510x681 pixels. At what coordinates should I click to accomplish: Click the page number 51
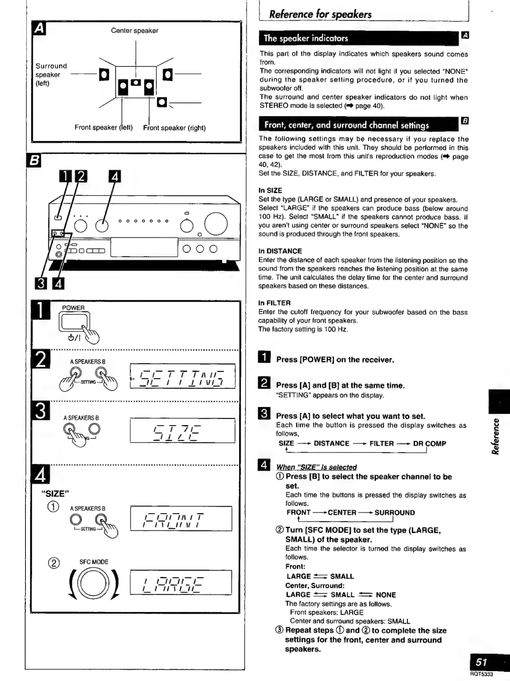pyautogui.click(x=482, y=662)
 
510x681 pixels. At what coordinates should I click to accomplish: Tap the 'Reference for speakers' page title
pyautogui.click(x=320, y=14)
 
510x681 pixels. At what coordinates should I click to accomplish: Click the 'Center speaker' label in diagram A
pyautogui.click(x=134, y=31)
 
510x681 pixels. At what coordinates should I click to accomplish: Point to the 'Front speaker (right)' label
pyautogui.click(x=174, y=128)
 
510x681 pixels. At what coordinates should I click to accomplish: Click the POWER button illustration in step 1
pyautogui.click(x=75, y=322)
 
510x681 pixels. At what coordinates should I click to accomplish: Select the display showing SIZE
pyautogui.click(x=182, y=431)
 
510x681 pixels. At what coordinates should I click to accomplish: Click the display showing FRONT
pyautogui.click(x=181, y=518)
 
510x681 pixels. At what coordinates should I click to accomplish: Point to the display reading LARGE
pyautogui.click(x=181, y=582)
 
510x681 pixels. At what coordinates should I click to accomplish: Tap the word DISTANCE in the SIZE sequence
pyautogui.click(x=331, y=444)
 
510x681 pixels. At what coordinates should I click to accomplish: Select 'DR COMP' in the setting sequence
pyautogui.click(x=429, y=444)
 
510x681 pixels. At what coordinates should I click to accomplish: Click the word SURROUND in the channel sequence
pyautogui.click(x=394, y=513)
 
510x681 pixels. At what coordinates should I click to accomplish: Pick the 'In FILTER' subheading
pyautogui.click(x=274, y=303)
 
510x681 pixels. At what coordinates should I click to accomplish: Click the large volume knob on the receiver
pyautogui.click(x=216, y=224)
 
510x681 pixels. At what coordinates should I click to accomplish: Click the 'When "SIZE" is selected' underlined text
pyautogui.click(x=316, y=467)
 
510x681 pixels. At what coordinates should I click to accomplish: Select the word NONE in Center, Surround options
pyautogui.click(x=386, y=595)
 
